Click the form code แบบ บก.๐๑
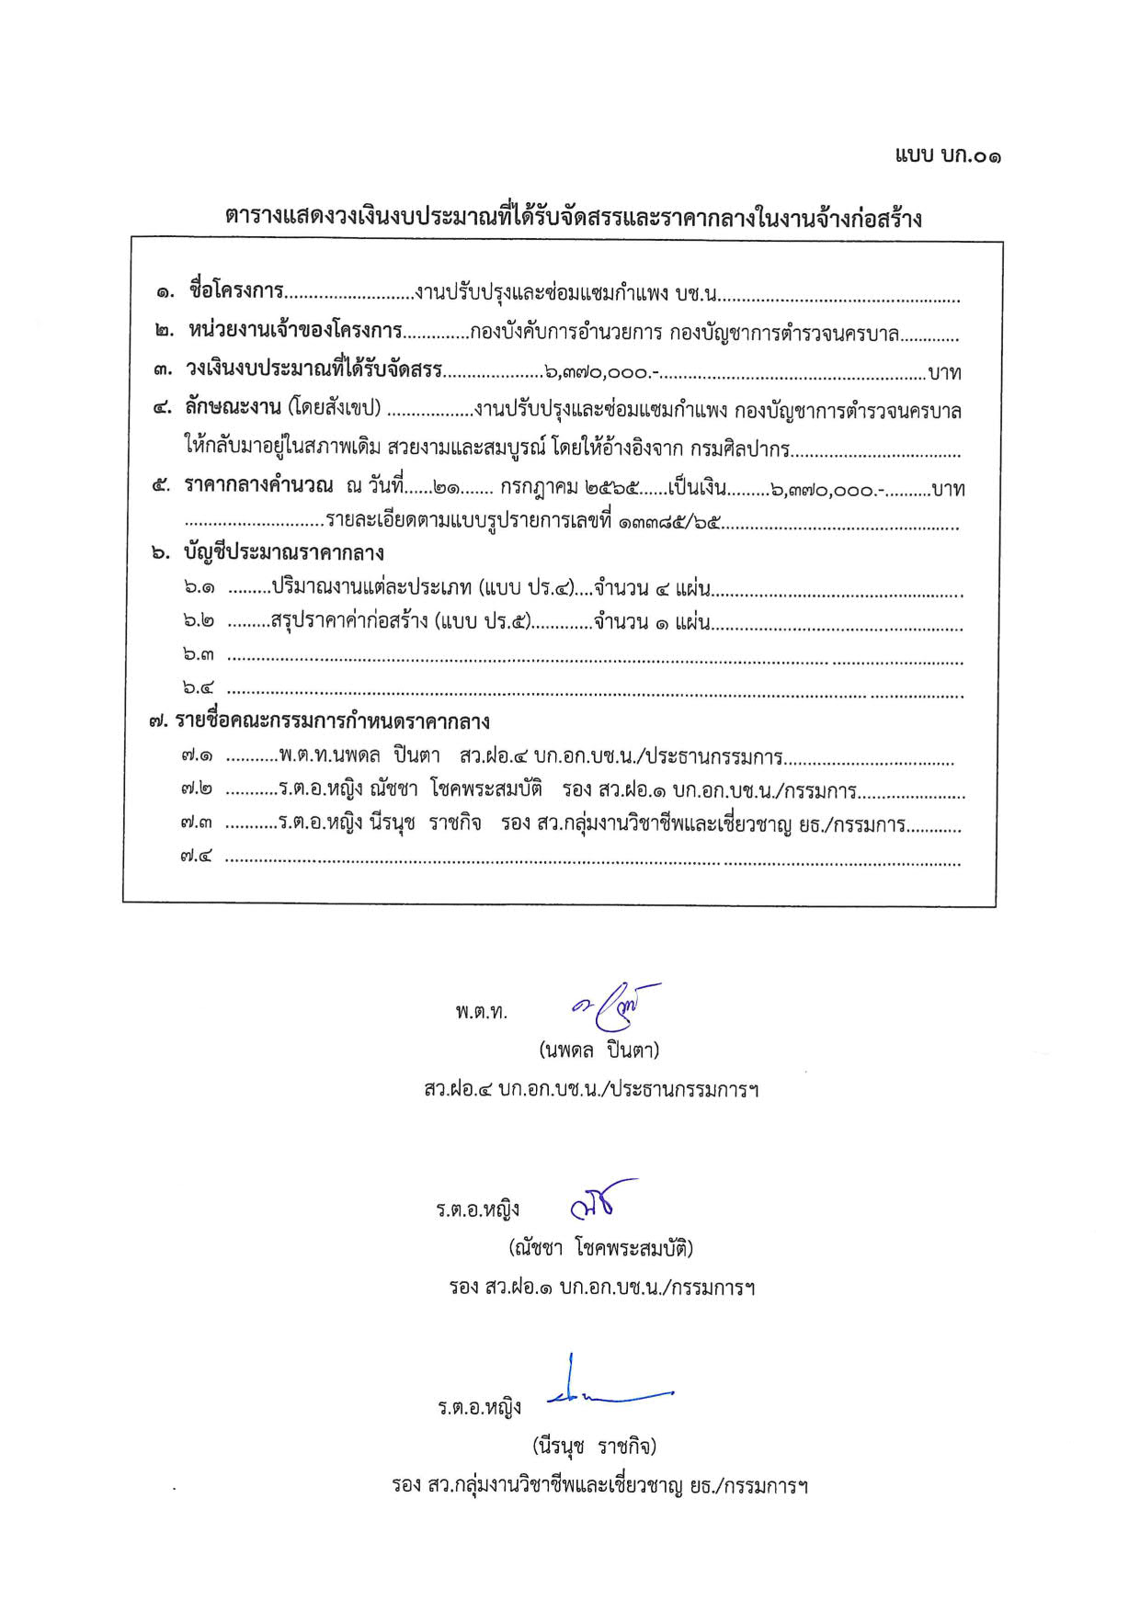(948, 156)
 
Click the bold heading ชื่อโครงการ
(235, 291)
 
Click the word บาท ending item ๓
(944, 373)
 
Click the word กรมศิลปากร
(744, 449)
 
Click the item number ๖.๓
(199, 655)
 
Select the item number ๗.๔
(197, 857)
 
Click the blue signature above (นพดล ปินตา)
(615, 1008)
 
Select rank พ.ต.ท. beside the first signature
(481, 1012)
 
